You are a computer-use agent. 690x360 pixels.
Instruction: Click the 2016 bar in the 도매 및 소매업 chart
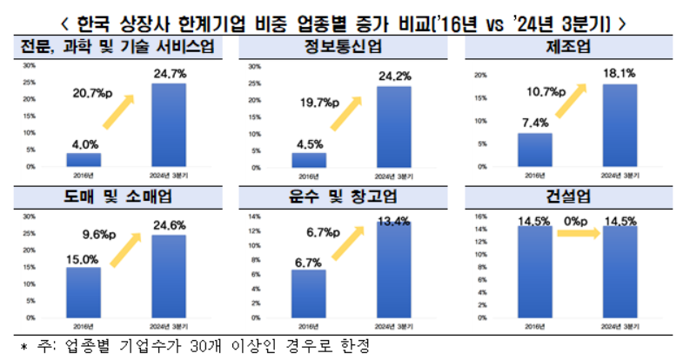click(x=84, y=292)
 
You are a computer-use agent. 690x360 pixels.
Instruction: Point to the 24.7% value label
click(x=169, y=75)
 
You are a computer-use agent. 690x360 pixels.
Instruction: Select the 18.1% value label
click(x=618, y=76)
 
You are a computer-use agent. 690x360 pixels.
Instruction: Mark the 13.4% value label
click(x=393, y=221)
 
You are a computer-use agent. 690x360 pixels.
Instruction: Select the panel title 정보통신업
click(x=345, y=46)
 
